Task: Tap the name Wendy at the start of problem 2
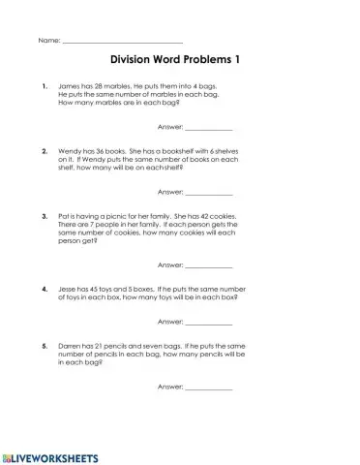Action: tap(71, 151)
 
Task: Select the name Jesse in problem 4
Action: tap(69, 289)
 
